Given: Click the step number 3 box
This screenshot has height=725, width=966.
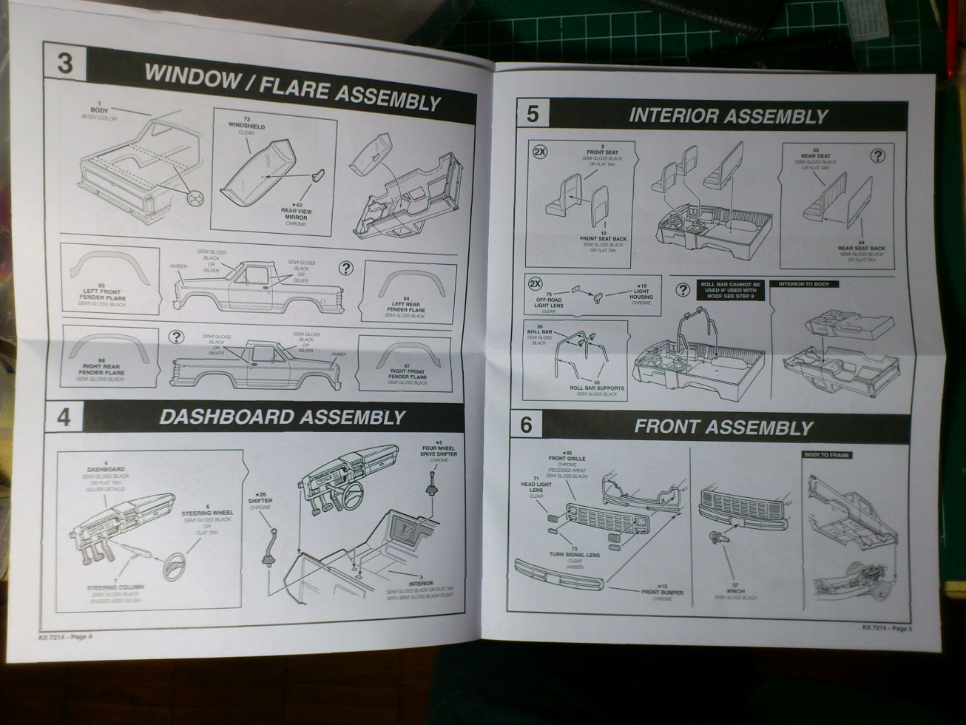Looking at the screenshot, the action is (64, 63).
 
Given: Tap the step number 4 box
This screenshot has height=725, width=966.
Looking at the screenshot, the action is (64, 417).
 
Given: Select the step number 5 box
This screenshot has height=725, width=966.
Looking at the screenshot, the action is (533, 113).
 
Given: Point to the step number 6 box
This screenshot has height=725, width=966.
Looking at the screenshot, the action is (526, 425).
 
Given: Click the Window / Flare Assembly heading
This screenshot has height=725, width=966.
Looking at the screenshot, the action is (292, 87).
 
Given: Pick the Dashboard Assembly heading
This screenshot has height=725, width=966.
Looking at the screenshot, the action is (283, 417).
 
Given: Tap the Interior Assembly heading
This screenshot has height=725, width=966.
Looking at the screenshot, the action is (728, 116).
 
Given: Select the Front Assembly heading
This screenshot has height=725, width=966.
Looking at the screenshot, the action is (723, 427).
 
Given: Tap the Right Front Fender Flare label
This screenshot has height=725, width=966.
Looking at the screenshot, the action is (408, 374).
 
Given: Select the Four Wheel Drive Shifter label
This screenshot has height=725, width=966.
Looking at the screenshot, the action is (439, 451).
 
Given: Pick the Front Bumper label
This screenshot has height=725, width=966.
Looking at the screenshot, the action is (662, 593).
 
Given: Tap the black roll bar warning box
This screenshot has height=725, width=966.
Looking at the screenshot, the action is (729, 290).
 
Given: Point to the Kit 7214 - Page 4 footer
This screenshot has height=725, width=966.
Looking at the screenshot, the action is (67, 636).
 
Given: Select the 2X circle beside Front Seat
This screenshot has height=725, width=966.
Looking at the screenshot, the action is (540, 152).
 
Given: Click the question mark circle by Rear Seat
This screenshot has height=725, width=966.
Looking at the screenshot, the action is (877, 155).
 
